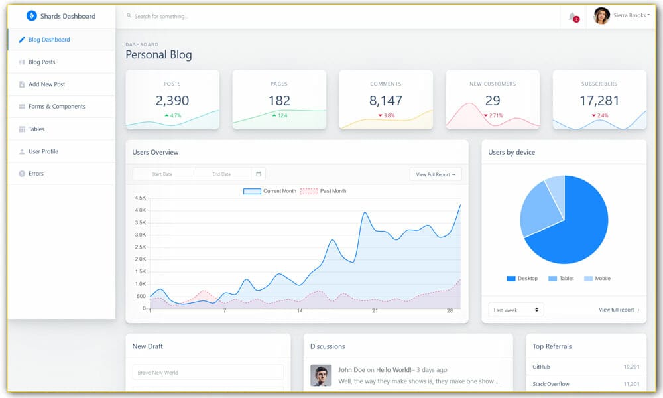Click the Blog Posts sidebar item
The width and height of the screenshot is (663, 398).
coord(42,62)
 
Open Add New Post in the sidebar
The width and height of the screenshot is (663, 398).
coord(46,84)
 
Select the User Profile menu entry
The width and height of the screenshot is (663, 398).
coord(43,151)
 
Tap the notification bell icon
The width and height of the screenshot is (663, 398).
coord(572,17)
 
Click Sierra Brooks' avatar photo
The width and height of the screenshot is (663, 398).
coord(601,16)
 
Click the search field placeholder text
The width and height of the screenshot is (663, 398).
coord(161,16)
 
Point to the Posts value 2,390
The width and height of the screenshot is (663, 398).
coord(172,101)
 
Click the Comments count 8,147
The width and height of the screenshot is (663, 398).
coord(386,101)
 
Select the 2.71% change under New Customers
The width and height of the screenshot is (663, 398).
coord(493,115)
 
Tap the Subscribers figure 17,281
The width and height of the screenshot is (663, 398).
coord(599,101)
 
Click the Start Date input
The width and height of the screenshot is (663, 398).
coord(162,174)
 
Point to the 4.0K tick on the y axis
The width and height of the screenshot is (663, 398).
coord(140,210)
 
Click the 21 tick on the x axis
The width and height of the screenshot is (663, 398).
coord(375,311)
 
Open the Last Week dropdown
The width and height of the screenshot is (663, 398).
coord(516,310)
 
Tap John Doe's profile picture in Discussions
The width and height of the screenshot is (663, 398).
coord(321,375)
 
